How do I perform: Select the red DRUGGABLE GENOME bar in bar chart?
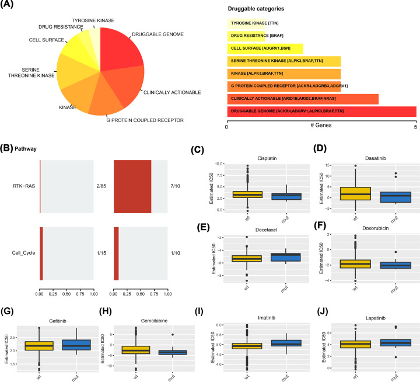click(321, 111)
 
